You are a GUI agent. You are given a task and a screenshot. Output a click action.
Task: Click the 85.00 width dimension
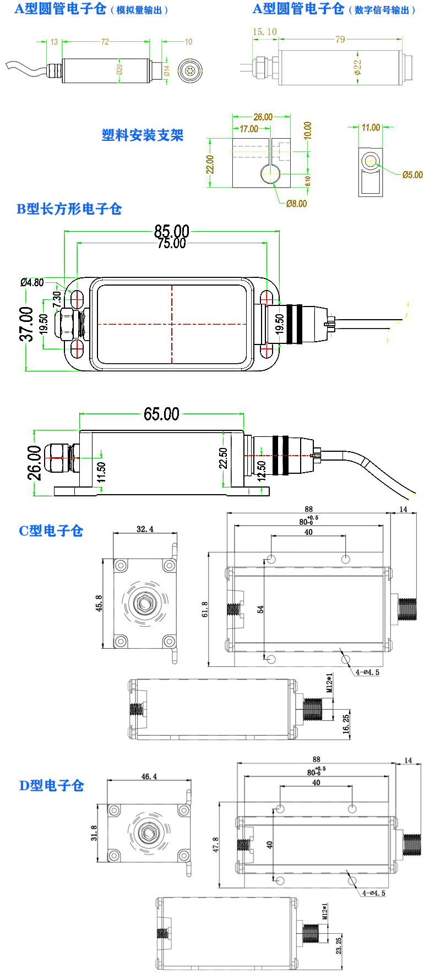click(171, 231)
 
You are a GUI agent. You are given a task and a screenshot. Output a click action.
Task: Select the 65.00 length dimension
click(161, 414)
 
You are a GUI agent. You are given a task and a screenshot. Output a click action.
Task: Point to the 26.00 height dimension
click(34, 463)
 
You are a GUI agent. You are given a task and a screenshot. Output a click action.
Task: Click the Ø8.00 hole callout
click(296, 204)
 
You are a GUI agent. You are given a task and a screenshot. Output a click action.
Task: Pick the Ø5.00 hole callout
click(412, 175)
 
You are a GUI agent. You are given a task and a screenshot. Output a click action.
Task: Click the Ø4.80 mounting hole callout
click(32, 282)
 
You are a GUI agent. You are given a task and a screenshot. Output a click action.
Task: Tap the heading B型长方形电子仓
click(69, 209)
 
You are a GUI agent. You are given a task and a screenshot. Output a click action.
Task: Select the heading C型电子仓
click(51, 530)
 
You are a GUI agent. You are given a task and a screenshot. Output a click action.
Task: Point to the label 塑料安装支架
click(142, 135)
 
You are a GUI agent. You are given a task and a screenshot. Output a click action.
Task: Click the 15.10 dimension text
click(264, 32)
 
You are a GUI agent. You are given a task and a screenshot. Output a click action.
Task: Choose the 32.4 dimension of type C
click(145, 529)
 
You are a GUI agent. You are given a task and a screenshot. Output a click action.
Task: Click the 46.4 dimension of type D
click(149, 776)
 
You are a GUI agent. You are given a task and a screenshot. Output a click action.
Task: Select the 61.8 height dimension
click(205, 610)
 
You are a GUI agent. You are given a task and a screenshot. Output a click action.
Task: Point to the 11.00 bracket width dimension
click(371, 128)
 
